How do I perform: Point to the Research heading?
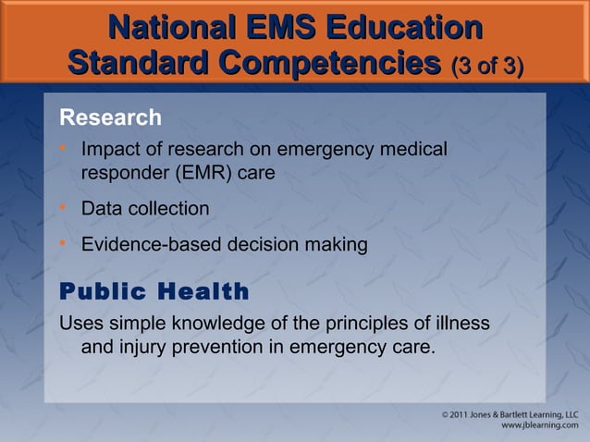pos(110,118)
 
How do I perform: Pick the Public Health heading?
pos(154,292)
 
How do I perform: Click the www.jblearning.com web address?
pos(539,429)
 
